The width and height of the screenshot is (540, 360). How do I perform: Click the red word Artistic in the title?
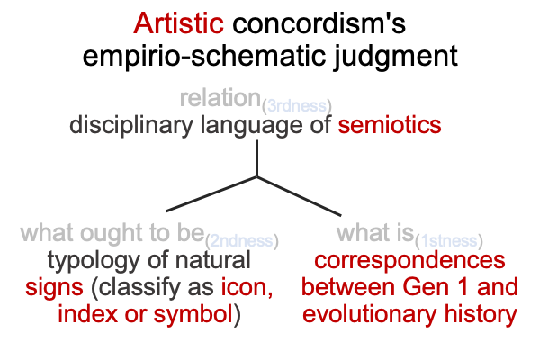pos(179,23)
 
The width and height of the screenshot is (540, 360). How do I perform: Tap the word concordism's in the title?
pos(319,23)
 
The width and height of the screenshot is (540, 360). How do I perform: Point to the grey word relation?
pos(220,98)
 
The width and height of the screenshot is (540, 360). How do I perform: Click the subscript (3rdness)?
pos(297,106)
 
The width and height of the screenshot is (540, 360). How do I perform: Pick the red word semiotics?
pos(390,125)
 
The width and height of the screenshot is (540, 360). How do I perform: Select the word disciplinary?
pos(131,126)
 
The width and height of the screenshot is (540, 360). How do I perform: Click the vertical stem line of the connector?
pos(256,158)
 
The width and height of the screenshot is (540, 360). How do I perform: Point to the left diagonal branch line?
pos(211,194)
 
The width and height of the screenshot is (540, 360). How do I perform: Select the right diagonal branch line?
pos(299,196)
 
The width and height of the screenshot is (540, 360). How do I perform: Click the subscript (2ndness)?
pos(242,241)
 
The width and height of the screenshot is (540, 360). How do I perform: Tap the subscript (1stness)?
pos(449,241)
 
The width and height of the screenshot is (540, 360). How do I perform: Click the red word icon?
pos(247,287)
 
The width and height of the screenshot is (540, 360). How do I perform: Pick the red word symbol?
pos(193,314)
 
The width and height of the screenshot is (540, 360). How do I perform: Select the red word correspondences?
pos(409,261)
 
